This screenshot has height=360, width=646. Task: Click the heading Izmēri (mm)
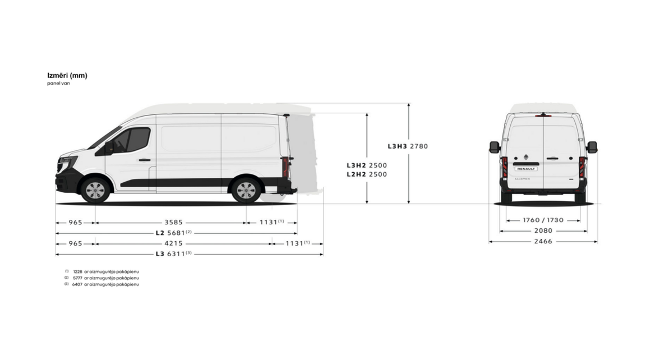tap(67, 75)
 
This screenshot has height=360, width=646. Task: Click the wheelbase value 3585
tap(173, 223)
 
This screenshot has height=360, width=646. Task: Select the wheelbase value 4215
tap(173, 243)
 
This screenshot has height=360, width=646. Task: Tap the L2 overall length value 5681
tap(176, 233)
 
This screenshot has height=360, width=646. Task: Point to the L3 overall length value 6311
tap(176, 254)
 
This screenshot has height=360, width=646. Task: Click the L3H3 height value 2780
tap(419, 146)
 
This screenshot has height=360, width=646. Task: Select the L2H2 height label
tap(357, 174)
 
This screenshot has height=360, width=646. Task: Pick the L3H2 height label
tap(357, 165)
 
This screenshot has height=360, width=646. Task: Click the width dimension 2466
tap(543, 241)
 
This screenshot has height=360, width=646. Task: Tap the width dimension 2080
tap(543, 230)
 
